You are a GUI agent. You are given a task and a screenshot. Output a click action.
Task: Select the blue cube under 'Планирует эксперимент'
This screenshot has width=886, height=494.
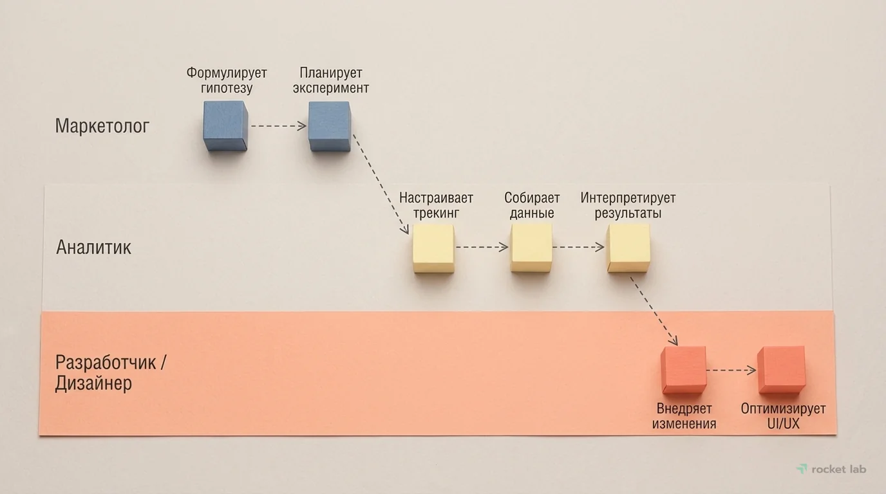coord(330,127)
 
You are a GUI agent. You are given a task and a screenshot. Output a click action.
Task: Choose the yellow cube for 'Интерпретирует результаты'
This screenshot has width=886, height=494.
coord(628,248)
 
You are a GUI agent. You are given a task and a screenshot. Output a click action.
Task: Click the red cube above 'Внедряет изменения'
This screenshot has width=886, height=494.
coord(684,370)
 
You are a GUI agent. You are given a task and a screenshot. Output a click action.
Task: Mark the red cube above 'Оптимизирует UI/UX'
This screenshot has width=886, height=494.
coord(781,370)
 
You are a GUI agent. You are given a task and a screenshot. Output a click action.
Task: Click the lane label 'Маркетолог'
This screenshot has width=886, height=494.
coord(102,126)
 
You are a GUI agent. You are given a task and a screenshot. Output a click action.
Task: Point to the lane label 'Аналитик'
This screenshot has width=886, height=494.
coord(93,248)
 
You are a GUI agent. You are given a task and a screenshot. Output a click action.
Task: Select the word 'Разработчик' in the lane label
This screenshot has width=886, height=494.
coord(106,362)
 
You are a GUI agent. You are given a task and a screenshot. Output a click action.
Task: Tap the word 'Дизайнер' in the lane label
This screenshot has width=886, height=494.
coord(94,384)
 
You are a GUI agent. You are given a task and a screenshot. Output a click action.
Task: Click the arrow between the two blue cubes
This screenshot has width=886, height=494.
coord(278,126)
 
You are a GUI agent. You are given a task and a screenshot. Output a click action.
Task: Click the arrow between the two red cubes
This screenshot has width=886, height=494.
coord(731,370)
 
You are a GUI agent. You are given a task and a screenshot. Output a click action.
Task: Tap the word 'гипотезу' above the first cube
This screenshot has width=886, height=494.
coord(226,88)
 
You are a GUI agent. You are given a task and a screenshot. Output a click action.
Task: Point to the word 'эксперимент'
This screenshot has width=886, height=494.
coord(331,88)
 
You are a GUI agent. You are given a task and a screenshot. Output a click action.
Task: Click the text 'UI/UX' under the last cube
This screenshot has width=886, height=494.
coord(783,424)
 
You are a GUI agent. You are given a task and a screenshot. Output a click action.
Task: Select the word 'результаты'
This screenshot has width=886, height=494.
coord(628,213)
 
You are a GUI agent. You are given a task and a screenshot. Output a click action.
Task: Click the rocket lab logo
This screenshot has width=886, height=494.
coord(831,469)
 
